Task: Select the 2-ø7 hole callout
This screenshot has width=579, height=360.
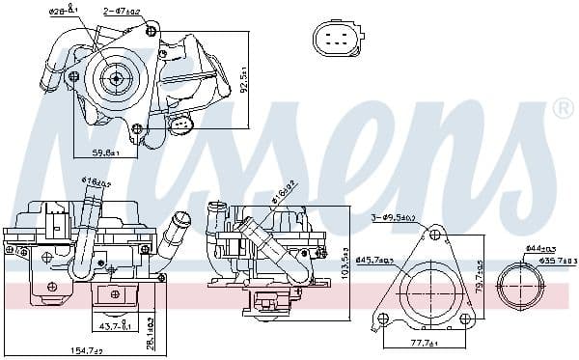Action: pos(121,12)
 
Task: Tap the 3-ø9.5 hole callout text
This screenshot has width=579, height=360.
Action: pos(393,218)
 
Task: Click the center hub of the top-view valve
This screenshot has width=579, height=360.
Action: pos(115,80)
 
